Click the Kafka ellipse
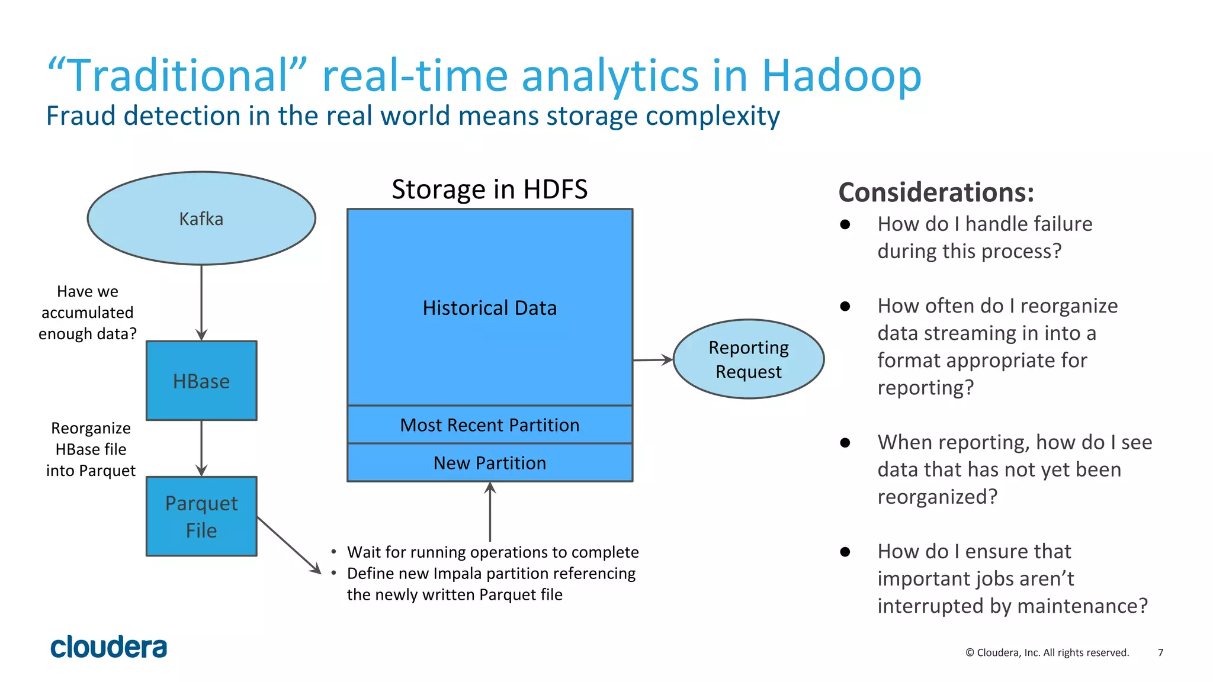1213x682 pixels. click(x=201, y=218)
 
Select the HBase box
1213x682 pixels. click(x=201, y=381)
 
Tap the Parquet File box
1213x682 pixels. click(x=201, y=516)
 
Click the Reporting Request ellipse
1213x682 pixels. click(x=749, y=359)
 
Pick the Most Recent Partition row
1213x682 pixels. click(x=490, y=425)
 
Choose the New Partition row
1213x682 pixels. click(x=490, y=463)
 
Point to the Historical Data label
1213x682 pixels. click(x=490, y=308)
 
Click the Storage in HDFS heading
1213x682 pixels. click(x=490, y=189)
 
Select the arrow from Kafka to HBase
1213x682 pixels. click(x=201, y=302)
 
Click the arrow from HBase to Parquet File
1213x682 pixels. click(x=201, y=448)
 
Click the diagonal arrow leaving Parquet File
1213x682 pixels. click(x=288, y=545)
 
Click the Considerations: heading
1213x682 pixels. click(x=936, y=192)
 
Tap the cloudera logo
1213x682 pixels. click(x=109, y=647)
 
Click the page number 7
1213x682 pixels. click(x=1160, y=652)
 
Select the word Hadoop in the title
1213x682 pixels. click(x=841, y=76)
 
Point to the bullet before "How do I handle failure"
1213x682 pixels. click(x=845, y=224)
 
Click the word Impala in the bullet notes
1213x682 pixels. click(x=456, y=573)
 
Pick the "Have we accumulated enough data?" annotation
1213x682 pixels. click(x=88, y=313)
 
